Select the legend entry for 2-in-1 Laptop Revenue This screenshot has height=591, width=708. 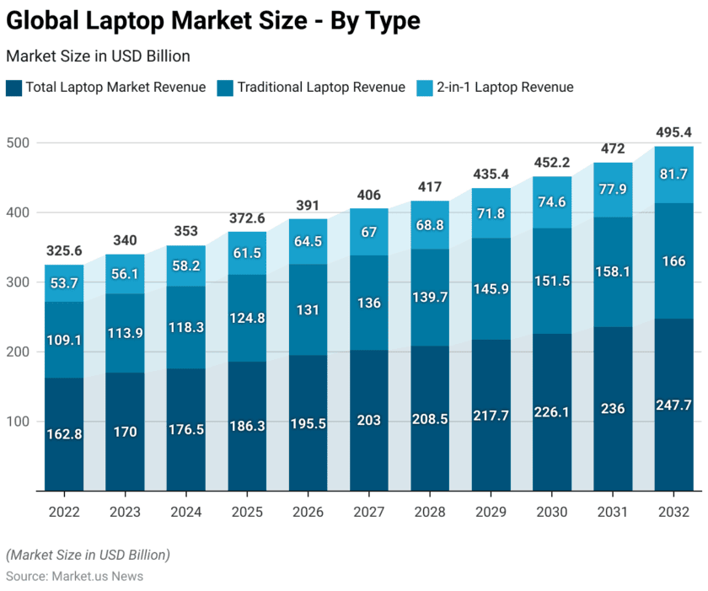pyautogui.click(x=505, y=87)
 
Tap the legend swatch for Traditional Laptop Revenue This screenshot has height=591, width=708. pyautogui.click(x=225, y=87)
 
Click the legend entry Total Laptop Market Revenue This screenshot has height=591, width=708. pyautogui.click(x=115, y=87)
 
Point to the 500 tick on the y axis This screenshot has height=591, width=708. pyautogui.click(x=19, y=143)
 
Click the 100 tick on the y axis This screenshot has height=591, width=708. pyautogui.click(x=19, y=421)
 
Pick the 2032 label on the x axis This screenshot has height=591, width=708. pyautogui.click(x=674, y=512)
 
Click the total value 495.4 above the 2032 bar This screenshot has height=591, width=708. pyautogui.click(x=674, y=132)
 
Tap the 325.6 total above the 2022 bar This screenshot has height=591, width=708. pyautogui.click(x=64, y=251)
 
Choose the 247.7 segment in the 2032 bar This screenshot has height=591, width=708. pyautogui.click(x=674, y=406)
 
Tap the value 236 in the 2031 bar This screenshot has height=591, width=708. pyautogui.click(x=613, y=409)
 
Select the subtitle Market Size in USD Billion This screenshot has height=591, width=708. pyautogui.click(x=98, y=56)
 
